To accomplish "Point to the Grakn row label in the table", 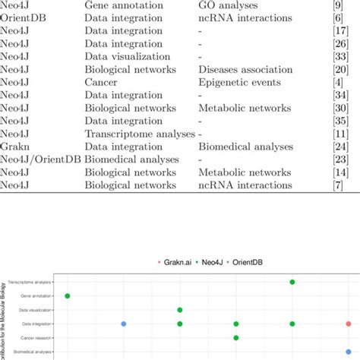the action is click(x=15, y=146).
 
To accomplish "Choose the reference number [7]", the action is click(x=342, y=185).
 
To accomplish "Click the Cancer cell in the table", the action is click(x=102, y=81).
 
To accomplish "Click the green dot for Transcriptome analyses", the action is click(x=292, y=282).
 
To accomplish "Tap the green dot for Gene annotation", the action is click(x=68, y=295).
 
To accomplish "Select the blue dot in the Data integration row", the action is click(x=124, y=324).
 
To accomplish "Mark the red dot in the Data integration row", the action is click(x=349, y=324).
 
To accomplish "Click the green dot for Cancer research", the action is click(x=236, y=338).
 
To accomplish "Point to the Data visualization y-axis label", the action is click(x=36, y=310).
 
